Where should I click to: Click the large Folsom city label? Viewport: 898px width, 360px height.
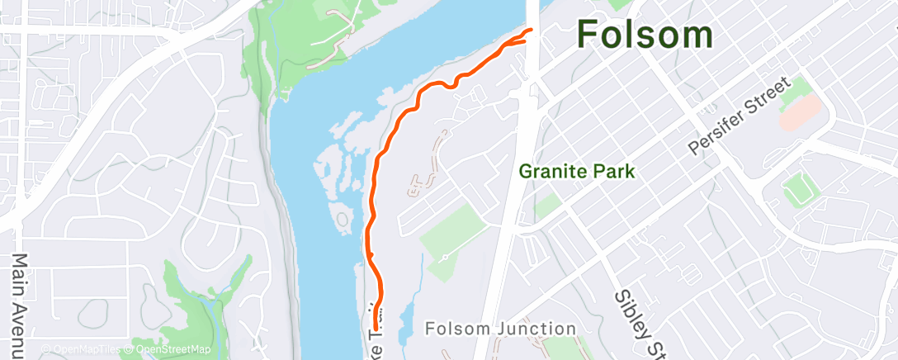click(x=645, y=35)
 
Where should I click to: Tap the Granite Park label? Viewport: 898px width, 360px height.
click(x=577, y=172)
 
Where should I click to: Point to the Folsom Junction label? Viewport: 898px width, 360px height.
click(x=501, y=329)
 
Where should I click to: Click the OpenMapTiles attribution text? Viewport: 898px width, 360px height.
click(x=81, y=350)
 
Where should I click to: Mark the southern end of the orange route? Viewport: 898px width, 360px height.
click(x=377, y=329)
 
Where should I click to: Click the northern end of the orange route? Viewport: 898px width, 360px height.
click(x=529, y=31)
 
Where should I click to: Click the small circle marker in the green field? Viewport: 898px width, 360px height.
click(x=444, y=258)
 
